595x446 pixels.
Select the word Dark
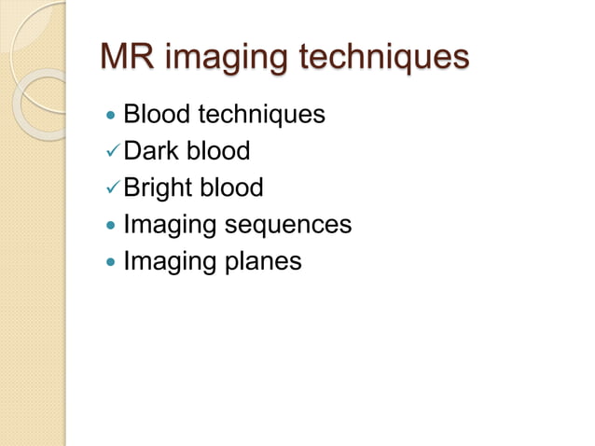tap(154, 151)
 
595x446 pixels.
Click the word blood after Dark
tap(221, 151)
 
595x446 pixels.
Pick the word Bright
tap(159, 188)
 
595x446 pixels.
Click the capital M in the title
tap(116, 57)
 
